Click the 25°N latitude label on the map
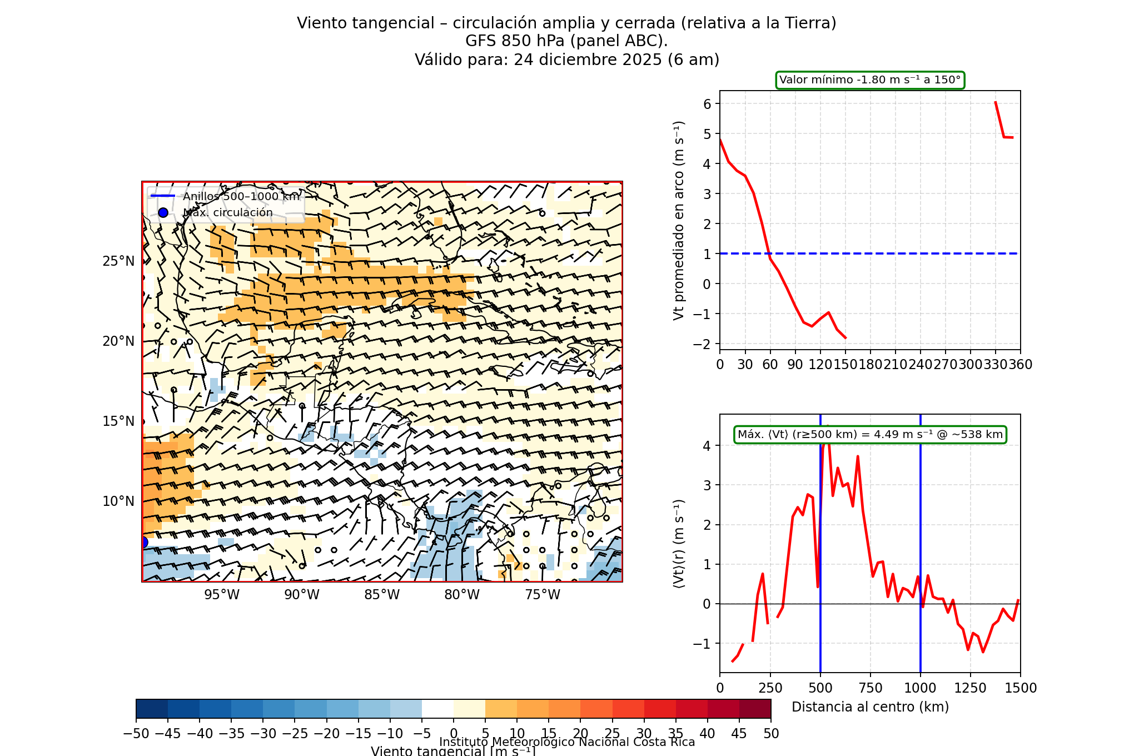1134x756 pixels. [x=118, y=261]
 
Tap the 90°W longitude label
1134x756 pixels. [x=302, y=595]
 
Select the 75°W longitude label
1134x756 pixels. [x=543, y=595]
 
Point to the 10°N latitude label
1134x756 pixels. [x=118, y=501]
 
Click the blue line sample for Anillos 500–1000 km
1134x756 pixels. [x=163, y=196]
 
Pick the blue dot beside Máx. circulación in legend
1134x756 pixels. [x=163, y=212]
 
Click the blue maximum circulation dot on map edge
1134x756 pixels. [x=143, y=542]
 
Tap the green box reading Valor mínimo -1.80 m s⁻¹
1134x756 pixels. [x=870, y=80]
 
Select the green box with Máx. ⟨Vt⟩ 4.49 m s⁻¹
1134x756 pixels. [x=870, y=435]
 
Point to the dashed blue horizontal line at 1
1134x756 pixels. [x=889, y=253]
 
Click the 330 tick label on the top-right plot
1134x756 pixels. [x=996, y=365]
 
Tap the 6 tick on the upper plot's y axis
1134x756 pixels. [x=707, y=104]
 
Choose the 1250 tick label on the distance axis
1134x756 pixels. [x=971, y=688]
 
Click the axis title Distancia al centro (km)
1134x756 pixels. [x=870, y=707]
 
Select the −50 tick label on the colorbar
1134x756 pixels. [x=136, y=734]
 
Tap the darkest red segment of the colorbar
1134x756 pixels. [x=755, y=709]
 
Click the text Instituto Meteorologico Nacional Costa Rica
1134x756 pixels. [x=567, y=742]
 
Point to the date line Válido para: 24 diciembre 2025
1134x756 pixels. [x=567, y=59]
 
